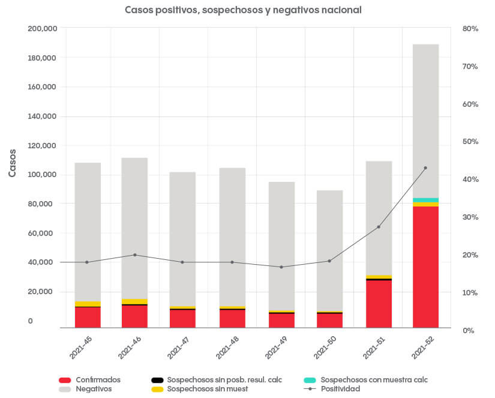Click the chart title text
click(x=243, y=10)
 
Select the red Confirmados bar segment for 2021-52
click(x=425, y=267)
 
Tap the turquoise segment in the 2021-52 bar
click(x=425, y=200)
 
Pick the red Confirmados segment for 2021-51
click(x=379, y=304)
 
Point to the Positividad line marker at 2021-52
click(x=425, y=168)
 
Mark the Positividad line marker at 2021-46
click(x=135, y=255)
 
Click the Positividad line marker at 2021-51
click(x=379, y=227)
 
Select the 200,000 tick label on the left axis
click(x=42, y=29)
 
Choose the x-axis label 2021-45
click(x=80, y=347)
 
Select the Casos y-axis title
click(x=13, y=163)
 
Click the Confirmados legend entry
click(x=98, y=380)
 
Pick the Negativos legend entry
click(x=94, y=389)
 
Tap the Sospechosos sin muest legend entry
click(x=207, y=389)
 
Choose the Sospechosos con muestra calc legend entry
click(x=374, y=380)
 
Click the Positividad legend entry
click(x=340, y=389)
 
